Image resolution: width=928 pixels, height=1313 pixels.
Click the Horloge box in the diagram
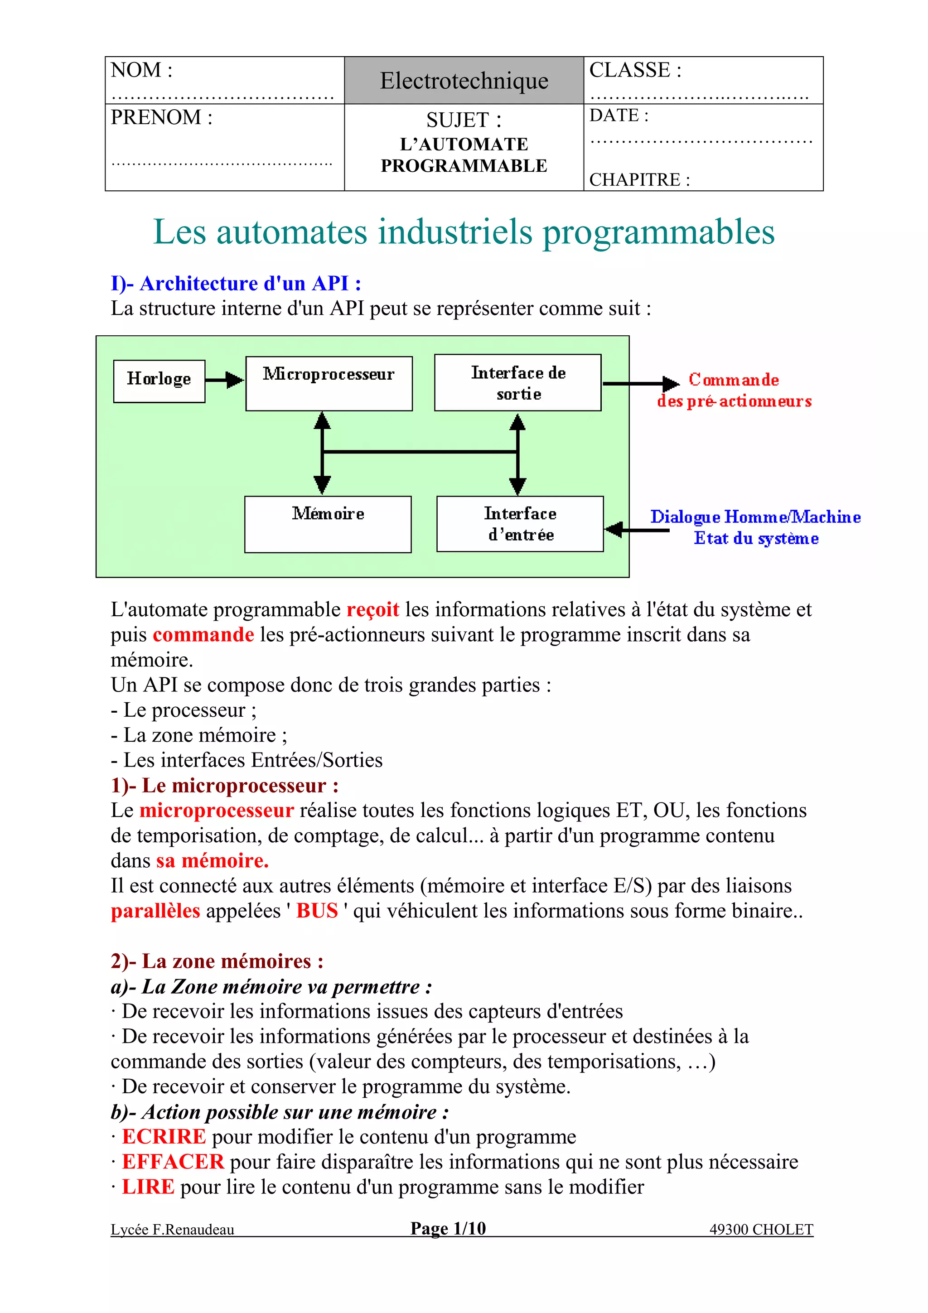pyautogui.click(x=159, y=381)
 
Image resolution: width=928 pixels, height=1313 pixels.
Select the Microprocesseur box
pyautogui.click(x=329, y=383)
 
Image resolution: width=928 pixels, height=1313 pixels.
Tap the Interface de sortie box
pyautogui.click(x=517, y=382)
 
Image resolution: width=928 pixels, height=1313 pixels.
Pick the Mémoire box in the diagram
pyautogui.click(x=328, y=524)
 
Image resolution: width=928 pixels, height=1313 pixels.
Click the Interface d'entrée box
pyautogui.click(x=520, y=524)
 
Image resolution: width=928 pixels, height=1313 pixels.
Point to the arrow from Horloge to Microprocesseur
pyautogui.click(x=225, y=380)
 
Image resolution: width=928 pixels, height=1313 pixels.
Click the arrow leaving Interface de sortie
pyautogui.click(x=640, y=383)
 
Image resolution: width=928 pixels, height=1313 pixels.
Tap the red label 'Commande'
pyautogui.click(x=734, y=380)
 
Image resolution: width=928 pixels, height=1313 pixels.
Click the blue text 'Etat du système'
pyautogui.click(x=756, y=539)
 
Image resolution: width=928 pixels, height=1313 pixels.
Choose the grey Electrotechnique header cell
pyautogui.click(x=464, y=81)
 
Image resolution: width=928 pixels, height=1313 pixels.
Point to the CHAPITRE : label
pyautogui.click(x=639, y=179)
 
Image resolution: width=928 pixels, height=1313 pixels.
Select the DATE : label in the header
pyautogui.click(x=619, y=116)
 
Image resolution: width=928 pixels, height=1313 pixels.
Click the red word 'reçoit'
pyautogui.click(x=373, y=610)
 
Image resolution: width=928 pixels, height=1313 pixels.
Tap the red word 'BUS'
pyautogui.click(x=317, y=910)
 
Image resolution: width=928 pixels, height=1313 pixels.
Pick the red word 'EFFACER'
pyautogui.click(x=173, y=1162)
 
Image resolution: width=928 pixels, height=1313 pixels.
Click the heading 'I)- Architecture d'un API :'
pyautogui.click(x=236, y=284)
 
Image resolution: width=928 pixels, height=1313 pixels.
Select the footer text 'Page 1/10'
pyautogui.click(x=448, y=1228)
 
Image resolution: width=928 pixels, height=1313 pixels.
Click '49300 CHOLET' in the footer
pyautogui.click(x=761, y=1230)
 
